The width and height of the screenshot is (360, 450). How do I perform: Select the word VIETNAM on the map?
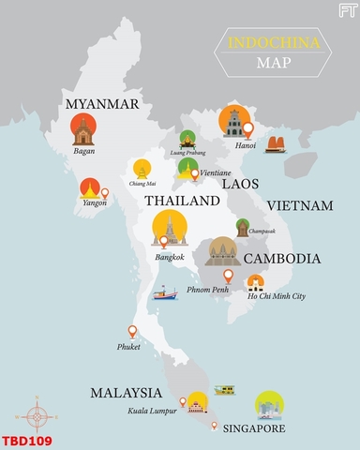click(300, 205)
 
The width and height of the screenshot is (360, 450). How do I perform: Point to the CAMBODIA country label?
click(282, 259)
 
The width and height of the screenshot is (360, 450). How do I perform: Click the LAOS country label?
click(240, 185)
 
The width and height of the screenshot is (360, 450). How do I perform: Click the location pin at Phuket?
click(132, 331)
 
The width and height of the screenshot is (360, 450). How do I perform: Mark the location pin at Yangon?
click(105, 194)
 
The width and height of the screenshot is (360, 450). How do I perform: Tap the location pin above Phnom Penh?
click(228, 276)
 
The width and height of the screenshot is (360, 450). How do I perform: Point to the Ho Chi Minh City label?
click(277, 296)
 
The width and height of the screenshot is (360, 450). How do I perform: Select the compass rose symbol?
click(37, 412)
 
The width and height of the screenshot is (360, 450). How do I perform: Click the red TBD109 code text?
click(26, 440)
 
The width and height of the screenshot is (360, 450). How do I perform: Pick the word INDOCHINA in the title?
click(272, 43)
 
